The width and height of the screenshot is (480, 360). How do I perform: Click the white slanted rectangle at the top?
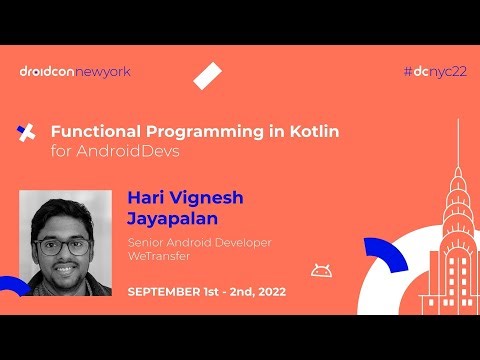tap(207, 76)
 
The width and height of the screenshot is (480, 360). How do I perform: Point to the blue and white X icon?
tap(28, 132)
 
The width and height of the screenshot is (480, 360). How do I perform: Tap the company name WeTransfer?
tap(158, 257)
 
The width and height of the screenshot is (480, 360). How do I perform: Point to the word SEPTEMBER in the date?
tap(169, 292)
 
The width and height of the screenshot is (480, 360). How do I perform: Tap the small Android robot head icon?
tap(320, 269)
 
